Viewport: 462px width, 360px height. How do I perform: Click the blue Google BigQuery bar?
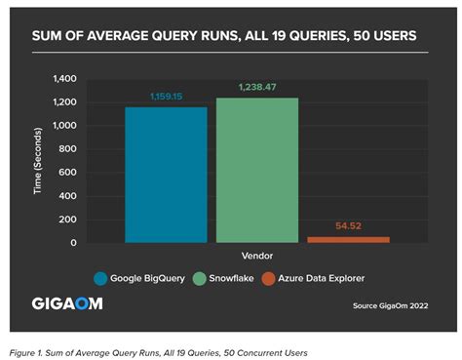(166, 175)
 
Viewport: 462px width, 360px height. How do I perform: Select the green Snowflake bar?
(257, 170)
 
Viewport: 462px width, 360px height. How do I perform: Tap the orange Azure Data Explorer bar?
(348, 239)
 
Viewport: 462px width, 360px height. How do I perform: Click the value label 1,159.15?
(166, 97)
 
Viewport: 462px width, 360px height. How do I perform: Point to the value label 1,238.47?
(257, 88)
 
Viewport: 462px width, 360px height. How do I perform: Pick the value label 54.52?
(348, 225)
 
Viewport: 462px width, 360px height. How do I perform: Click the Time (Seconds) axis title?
(40, 160)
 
